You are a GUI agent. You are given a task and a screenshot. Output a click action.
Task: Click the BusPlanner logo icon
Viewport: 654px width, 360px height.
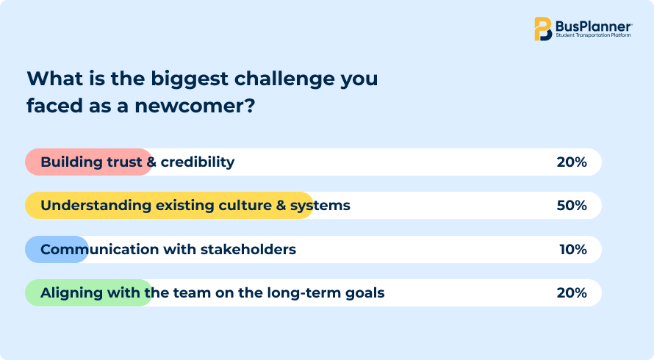point(543,29)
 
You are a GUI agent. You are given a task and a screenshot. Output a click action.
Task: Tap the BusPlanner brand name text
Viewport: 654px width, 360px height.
point(594,26)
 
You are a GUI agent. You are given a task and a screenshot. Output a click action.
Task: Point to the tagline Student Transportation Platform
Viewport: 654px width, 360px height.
point(593,35)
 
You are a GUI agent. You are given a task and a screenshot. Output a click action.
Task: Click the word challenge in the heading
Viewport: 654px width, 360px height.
point(284,79)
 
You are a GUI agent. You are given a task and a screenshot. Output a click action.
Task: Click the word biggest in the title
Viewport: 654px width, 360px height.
point(190,79)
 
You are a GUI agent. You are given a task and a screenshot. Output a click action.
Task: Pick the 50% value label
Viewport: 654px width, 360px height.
point(572,205)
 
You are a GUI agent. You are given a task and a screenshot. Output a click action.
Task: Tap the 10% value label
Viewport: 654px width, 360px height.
point(573,249)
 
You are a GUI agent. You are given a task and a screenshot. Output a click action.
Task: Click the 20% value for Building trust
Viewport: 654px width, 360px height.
point(572,162)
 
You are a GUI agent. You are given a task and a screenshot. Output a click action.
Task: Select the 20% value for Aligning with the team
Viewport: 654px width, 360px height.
point(572,292)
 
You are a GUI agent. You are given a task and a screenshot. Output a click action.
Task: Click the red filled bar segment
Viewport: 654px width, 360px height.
point(89,162)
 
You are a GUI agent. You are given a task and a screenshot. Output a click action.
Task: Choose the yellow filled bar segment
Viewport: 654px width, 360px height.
point(169,205)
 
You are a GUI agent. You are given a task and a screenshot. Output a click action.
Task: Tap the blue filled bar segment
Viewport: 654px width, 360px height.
point(57,249)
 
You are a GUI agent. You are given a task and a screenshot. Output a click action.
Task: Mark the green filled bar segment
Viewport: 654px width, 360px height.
point(89,292)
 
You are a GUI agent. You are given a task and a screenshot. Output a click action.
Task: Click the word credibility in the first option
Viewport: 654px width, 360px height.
point(198,162)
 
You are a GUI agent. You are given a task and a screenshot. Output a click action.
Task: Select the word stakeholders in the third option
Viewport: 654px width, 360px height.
point(248,249)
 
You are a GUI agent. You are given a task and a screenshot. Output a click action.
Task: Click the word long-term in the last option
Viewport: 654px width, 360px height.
point(304,293)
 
